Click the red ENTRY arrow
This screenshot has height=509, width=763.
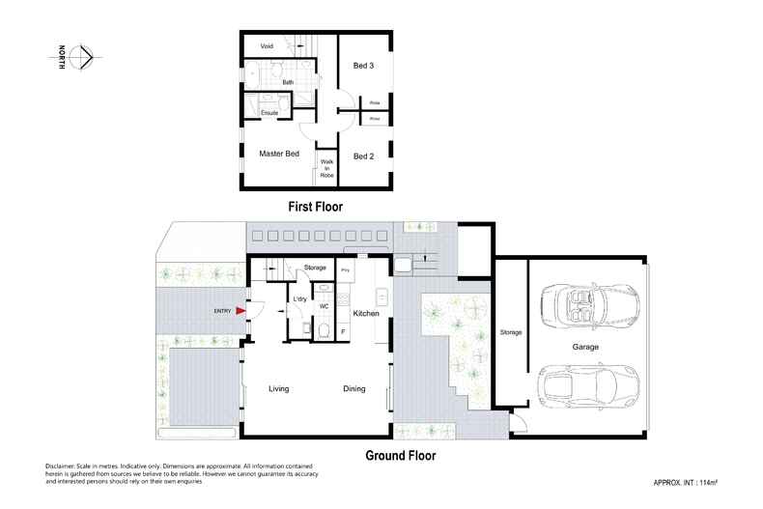pyautogui.click(x=239, y=310)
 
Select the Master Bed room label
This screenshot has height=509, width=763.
pyautogui.click(x=279, y=154)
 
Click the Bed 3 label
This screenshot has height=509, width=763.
pyautogui.click(x=363, y=66)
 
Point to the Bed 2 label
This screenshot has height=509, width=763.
pyautogui.click(x=363, y=156)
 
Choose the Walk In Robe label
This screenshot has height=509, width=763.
pyautogui.click(x=326, y=170)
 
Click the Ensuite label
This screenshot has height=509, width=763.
pyautogui.click(x=270, y=113)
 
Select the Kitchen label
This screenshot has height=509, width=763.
pyautogui.click(x=365, y=315)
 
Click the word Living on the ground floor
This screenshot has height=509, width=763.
pyautogui.click(x=279, y=389)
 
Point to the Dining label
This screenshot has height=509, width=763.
pyautogui.click(x=353, y=389)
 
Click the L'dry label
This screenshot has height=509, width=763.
pyautogui.click(x=299, y=299)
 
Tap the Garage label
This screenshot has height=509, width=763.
pyautogui.click(x=584, y=346)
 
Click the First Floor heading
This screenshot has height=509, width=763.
pyautogui.click(x=316, y=207)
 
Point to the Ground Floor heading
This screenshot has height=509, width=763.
pyautogui.click(x=400, y=455)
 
